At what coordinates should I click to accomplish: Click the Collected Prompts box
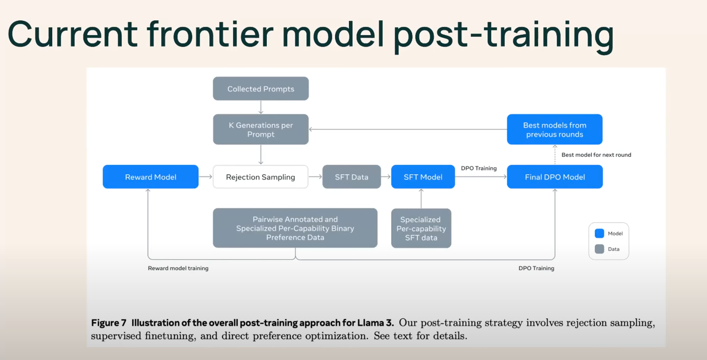pos(261,89)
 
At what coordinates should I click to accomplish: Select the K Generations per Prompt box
pos(261,129)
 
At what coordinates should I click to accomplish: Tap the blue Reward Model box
pos(151,177)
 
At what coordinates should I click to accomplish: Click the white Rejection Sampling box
pos(261,177)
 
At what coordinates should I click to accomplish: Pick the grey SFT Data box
pos(351,177)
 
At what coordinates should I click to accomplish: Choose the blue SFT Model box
pos(423,177)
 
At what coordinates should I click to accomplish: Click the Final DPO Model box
pos(555,177)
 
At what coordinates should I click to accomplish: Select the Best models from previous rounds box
pos(555,129)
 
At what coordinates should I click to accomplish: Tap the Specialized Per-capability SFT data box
pos(421,228)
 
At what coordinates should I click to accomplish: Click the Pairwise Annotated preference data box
pos(295,228)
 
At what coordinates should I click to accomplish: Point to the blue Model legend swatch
pos(599,234)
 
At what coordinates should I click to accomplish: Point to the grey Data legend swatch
pos(599,249)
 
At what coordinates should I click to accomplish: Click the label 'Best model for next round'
pos(596,155)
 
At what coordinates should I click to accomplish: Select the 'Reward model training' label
pos(178,268)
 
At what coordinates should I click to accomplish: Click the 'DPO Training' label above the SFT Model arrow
pos(479,168)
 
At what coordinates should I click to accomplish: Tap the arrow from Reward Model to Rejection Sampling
pos(206,177)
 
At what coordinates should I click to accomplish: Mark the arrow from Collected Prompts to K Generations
pos(261,107)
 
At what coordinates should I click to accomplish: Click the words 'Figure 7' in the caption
pos(109,322)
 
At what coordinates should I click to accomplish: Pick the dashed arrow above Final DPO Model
pos(555,154)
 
